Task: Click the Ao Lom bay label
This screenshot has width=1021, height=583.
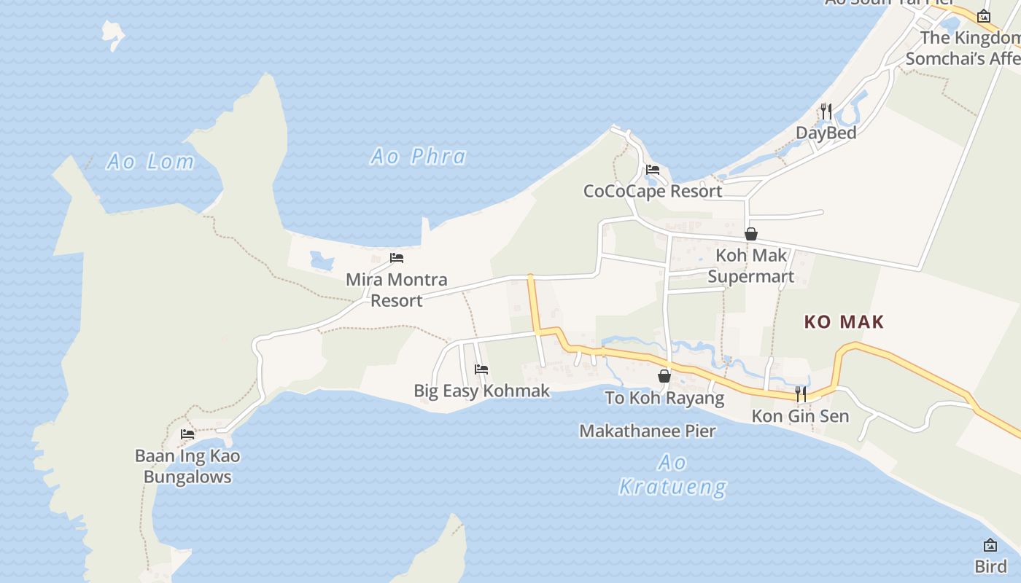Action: pyautogui.click(x=150, y=161)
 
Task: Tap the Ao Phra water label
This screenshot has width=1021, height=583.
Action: pyautogui.click(x=418, y=156)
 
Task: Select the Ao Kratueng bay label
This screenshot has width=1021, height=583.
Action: pyautogui.click(x=672, y=474)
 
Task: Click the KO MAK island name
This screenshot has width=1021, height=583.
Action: pyautogui.click(x=844, y=321)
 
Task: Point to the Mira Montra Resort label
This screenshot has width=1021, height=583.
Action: pyautogui.click(x=396, y=289)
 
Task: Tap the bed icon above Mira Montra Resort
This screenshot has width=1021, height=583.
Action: pyautogui.click(x=397, y=258)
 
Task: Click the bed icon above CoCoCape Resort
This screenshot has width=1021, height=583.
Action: pyautogui.click(x=653, y=170)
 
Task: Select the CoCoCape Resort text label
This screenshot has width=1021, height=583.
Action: pyautogui.click(x=653, y=191)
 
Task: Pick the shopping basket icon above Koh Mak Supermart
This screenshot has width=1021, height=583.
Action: pyautogui.click(x=751, y=234)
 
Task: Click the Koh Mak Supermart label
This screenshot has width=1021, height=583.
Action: pyautogui.click(x=751, y=266)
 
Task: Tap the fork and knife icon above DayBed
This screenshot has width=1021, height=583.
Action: pyautogui.click(x=826, y=111)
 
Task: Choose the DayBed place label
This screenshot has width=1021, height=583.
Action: pyautogui.click(x=826, y=133)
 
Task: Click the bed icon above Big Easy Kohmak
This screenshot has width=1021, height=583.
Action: pyautogui.click(x=481, y=369)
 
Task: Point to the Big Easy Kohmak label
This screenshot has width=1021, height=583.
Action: pyautogui.click(x=481, y=391)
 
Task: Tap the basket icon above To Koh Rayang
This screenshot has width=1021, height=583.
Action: pyautogui.click(x=664, y=376)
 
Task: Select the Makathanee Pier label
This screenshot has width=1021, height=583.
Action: pyautogui.click(x=648, y=431)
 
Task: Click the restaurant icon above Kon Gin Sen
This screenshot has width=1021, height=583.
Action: pyautogui.click(x=801, y=394)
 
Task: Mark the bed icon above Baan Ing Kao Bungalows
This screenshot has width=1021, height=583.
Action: pyautogui.click(x=187, y=434)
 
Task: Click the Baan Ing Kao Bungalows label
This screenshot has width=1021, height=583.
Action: pyautogui.click(x=187, y=466)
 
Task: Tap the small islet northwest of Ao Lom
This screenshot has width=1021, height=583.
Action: pyautogui.click(x=113, y=34)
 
